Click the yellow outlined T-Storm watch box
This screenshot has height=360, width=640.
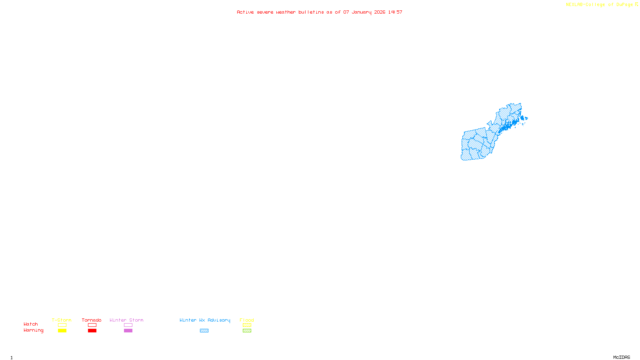click(62, 325)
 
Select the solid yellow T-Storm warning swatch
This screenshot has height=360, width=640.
click(62, 331)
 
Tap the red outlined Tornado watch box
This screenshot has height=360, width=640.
click(92, 325)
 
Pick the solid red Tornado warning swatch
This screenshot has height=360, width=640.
click(92, 331)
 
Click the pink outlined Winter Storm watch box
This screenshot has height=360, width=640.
click(128, 325)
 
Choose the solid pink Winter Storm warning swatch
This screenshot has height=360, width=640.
click(128, 331)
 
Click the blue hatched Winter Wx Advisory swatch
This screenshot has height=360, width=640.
click(204, 331)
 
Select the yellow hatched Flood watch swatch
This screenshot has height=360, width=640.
click(247, 325)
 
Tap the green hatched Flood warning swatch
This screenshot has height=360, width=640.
click(247, 331)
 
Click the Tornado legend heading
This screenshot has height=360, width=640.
click(92, 320)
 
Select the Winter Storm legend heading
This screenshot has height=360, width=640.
click(126, 320)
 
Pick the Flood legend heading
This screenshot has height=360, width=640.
click(247, 320)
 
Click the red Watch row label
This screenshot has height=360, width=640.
click(31, 324)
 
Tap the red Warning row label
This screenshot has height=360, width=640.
click(33, 330)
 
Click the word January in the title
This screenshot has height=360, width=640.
click(362, 12)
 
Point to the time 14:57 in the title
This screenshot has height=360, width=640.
click(395, 12)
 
